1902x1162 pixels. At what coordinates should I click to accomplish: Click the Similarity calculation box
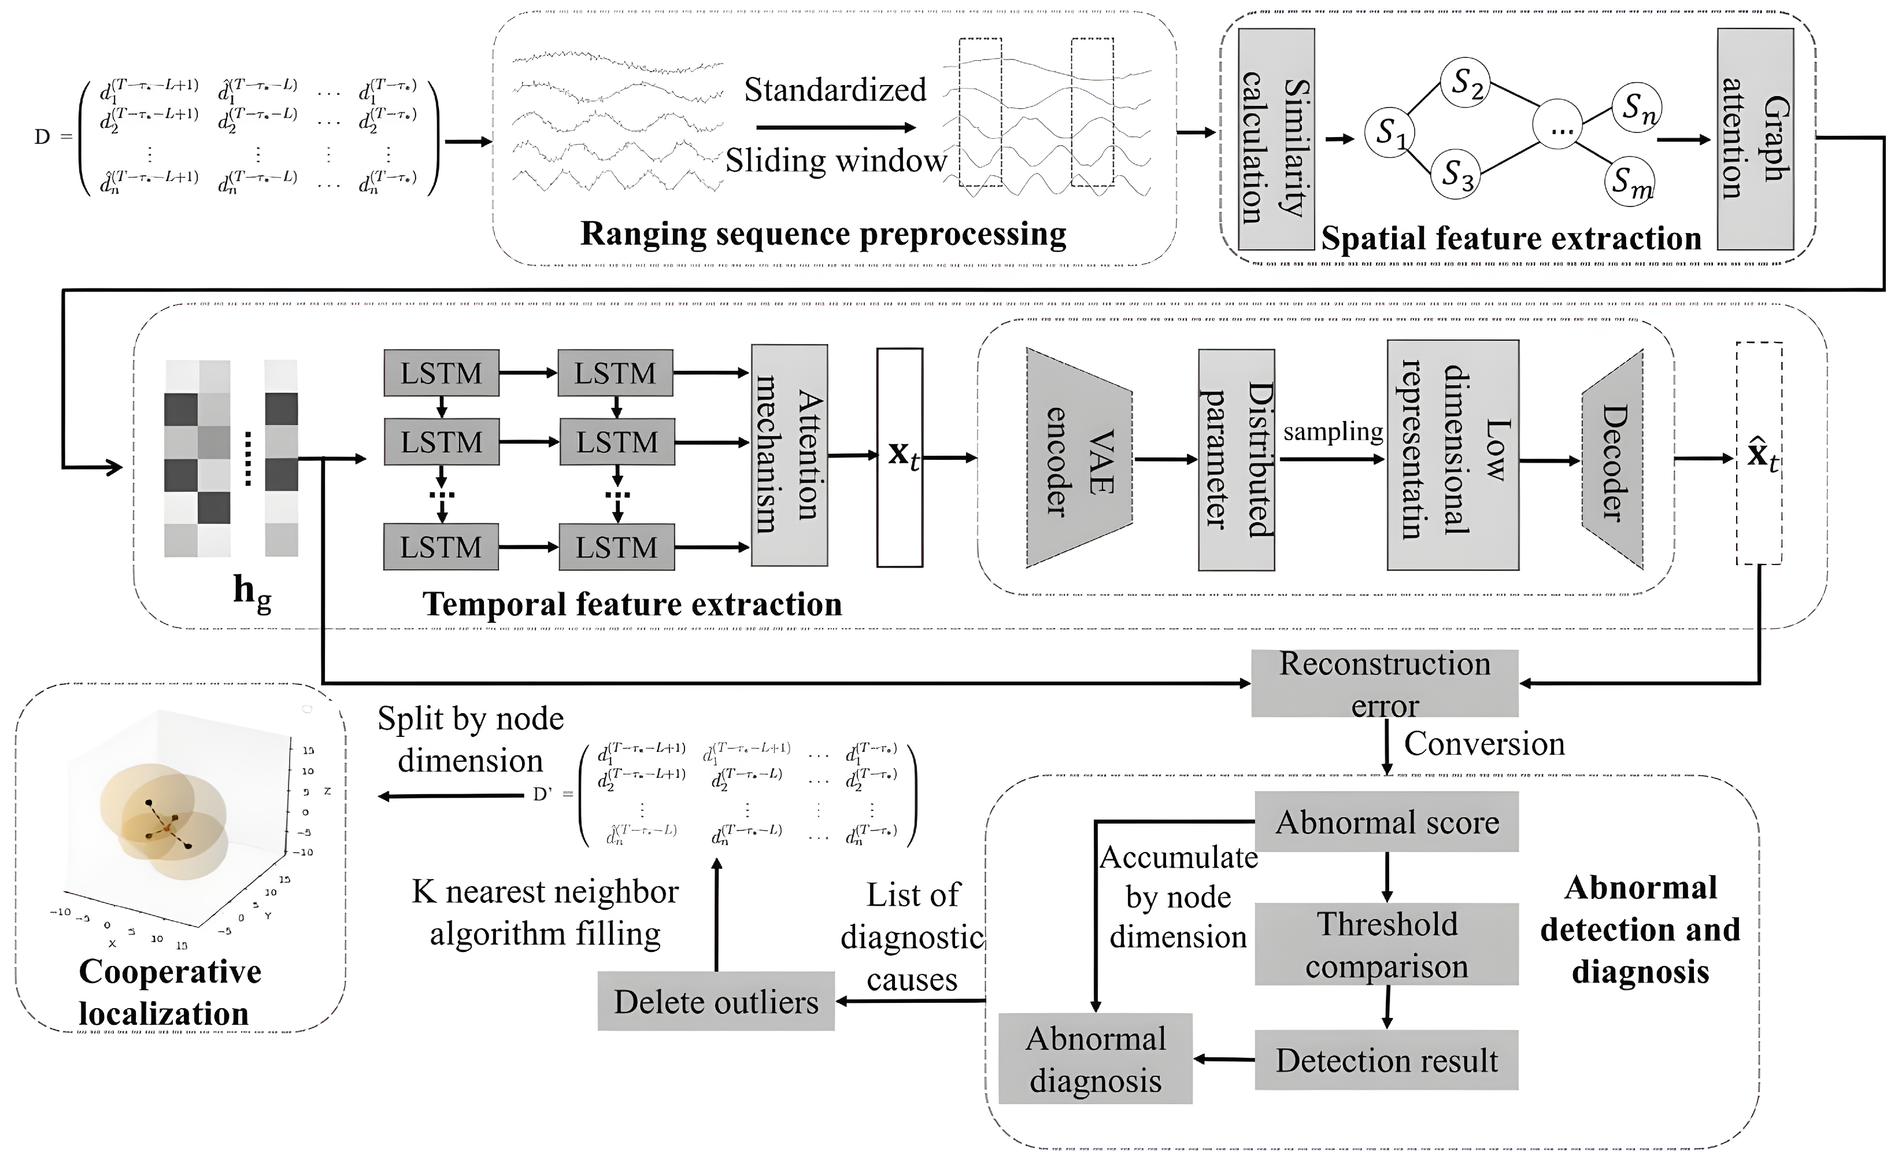pyautogui.click(x=1276, y=139)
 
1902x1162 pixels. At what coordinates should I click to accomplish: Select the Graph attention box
pyautogui.click(x=1755, y=139)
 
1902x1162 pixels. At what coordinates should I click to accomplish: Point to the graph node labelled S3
pyautogui.click(x=1456, y=175)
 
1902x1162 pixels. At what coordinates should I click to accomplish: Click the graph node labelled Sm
pyautogui.click(x=1630, y=182)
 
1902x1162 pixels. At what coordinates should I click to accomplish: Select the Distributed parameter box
pyautogui.click(x=1236, y=459)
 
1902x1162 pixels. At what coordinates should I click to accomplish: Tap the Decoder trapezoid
pyautogui.click(x=1612, y=460)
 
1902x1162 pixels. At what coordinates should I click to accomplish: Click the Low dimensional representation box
pyautogui.click(x=1453, y=456)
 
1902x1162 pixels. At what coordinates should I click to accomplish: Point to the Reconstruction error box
pyautogui.click(x=1385, y=683)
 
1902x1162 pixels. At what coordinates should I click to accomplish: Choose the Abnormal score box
pyautogui.click(x=1386, y=821)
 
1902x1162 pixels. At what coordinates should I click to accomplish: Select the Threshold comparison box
pyautogui.click(x=1386, y=945)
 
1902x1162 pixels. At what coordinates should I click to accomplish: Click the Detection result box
pyautogui.click(x=1386, y=1060)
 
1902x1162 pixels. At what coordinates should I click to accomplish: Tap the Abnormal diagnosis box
pyautogui.click(x=1096, y=1058)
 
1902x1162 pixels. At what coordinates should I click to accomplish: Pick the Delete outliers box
pyautogui.click(x=716, y=1001)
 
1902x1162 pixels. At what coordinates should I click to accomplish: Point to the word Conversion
pyautogui.click(x=1483, y=743)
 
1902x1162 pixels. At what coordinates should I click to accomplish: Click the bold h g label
pyautogui.click(x=251, y=593)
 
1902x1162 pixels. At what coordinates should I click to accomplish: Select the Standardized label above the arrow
pyautogui.click(x=834, y=90)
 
